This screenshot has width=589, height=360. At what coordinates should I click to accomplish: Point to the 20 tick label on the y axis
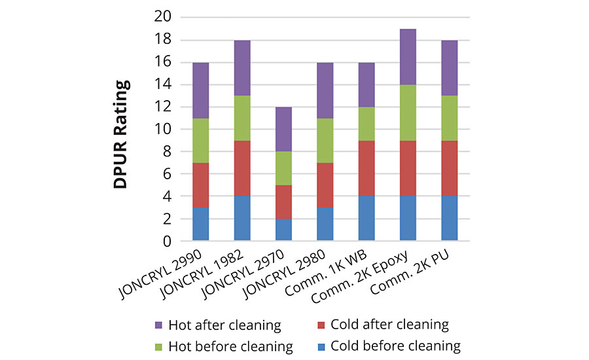[x=164, y=17]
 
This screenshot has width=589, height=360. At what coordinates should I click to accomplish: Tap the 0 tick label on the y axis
[x=168, y=241]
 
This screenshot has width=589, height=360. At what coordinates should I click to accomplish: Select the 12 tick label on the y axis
[x=164, y=107]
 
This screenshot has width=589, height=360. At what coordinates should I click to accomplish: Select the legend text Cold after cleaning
[x=389, y=324]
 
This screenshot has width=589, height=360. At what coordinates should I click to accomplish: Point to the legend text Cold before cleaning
[x=395, y=346]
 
